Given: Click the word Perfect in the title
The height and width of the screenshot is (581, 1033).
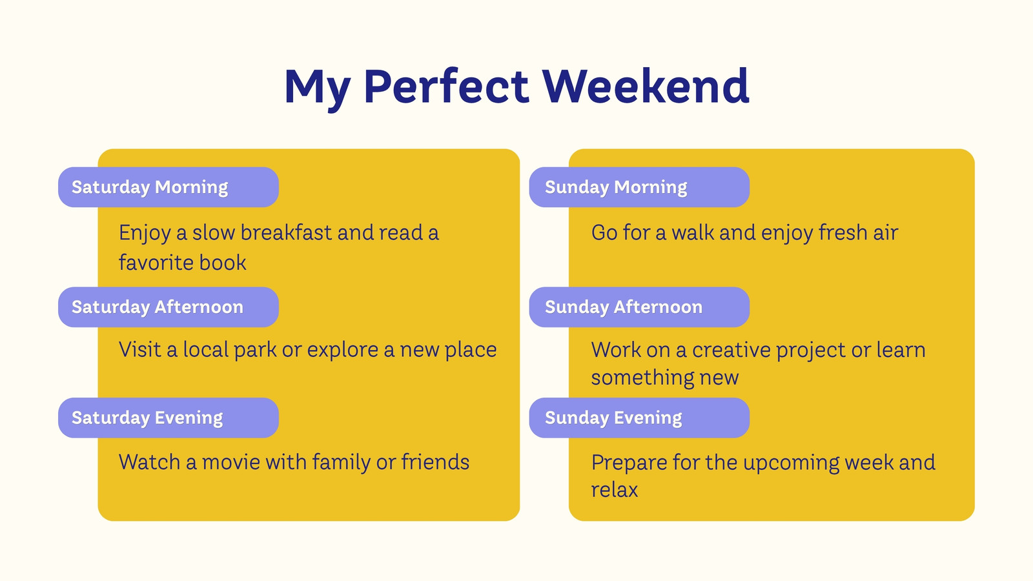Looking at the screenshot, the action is (x=446, y=86).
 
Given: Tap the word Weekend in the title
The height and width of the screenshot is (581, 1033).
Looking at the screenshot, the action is (x=646, y=86).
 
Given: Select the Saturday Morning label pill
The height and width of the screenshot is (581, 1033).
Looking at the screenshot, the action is (x=169, y=187).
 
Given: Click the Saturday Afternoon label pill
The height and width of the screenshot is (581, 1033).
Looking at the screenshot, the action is (x=169, y=307).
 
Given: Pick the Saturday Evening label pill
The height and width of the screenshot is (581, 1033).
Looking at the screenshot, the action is (x=169, y=418).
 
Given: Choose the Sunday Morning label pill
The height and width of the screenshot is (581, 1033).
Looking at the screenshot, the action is (x=639, y=187).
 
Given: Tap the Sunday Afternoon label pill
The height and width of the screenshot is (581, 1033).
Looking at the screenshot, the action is (x=639, y=307).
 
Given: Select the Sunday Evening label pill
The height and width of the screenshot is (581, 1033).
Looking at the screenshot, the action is (x=639, y=418).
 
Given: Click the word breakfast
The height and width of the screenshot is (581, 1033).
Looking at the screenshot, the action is (x=286, y=232).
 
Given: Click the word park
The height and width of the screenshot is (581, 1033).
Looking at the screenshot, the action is (x=255, y=351).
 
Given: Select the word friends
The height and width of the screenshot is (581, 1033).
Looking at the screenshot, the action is (x=435, y=462).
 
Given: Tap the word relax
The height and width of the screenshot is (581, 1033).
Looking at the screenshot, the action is (x=614, y=490).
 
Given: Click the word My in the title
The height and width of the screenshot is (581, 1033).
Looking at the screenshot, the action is (x=317, y=88).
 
